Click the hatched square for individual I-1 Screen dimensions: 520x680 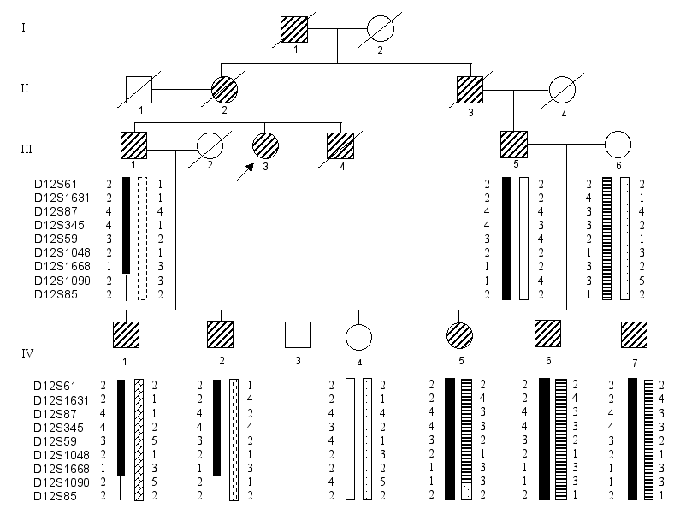click(294, 31)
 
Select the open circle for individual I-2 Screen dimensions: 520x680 click(380, 31)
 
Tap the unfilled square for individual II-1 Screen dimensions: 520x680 click(139, 89)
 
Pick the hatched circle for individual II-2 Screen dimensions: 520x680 click(224, 89)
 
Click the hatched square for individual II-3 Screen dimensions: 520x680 click(470, 89)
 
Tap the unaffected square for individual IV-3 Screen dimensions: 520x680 click(298, 333)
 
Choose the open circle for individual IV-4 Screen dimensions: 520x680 click(358, 333)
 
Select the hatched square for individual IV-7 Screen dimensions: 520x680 click(635, 333)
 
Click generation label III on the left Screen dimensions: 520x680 click(27, 147)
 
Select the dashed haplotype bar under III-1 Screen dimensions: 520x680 click(143, 238)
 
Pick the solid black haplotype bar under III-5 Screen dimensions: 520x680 click(506, 238)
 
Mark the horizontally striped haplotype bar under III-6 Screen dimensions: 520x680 click(606, 238)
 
